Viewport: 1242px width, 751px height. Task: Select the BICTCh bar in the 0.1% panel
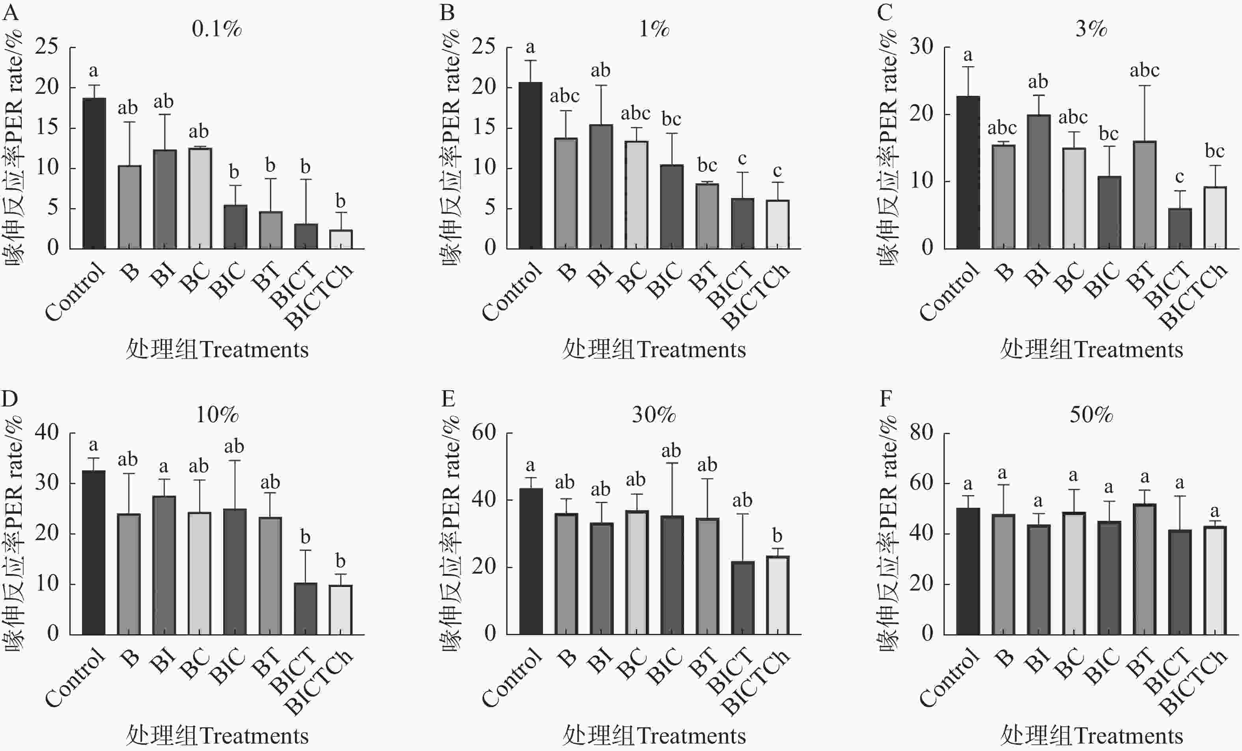tap(341, 239)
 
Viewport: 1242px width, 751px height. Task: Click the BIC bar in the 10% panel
tap(235, 572)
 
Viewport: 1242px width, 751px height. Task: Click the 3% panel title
tap(1091, 29)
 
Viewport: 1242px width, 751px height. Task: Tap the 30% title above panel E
tap(654, 415)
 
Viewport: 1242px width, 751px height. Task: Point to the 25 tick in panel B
tap(484, 47)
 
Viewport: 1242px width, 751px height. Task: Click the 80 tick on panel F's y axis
tap(921, 432)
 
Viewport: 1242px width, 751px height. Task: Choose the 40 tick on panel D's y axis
tap(47, 432)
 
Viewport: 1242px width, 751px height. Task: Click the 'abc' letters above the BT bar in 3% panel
tap(1144, 71)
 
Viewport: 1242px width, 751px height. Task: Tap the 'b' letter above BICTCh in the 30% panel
tap(777, 536)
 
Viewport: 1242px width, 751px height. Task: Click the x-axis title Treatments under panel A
tap(217, 350)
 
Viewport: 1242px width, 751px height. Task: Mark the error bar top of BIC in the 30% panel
tap(672, 463)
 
